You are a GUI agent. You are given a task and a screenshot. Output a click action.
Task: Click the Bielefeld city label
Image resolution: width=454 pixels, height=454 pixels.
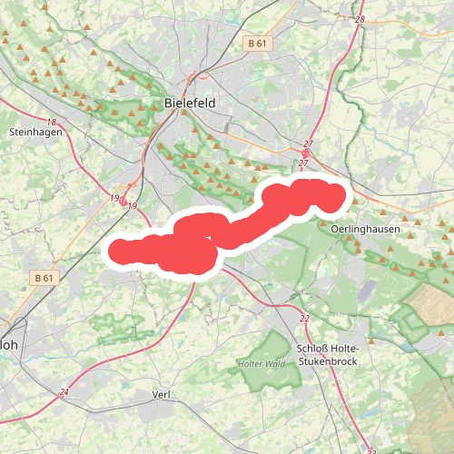(191, 104)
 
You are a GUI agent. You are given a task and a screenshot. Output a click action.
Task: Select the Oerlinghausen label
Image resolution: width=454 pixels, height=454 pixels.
(366, 230)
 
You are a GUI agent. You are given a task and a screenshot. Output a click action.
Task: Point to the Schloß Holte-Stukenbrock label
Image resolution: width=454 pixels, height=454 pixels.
(329, 355)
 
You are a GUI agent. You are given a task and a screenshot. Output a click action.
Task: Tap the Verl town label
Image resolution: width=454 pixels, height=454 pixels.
(163, 394)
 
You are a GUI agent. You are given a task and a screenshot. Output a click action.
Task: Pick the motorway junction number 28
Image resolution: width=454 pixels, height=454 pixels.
(360, 19)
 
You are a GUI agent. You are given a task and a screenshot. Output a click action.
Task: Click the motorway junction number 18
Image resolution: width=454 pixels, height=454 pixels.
(51, 122)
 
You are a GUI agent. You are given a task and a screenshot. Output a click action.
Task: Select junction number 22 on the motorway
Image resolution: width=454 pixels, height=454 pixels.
(304, 319)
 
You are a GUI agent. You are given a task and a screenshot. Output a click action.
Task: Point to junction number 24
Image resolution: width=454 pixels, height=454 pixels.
(64, 392)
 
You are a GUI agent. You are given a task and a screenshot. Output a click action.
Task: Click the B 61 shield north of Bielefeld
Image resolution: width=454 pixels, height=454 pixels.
(258, 43)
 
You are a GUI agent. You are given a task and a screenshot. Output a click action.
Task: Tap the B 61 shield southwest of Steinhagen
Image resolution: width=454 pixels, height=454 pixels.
(44, 277)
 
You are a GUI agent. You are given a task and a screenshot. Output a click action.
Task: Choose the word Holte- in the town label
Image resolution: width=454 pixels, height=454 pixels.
(346, 349)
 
